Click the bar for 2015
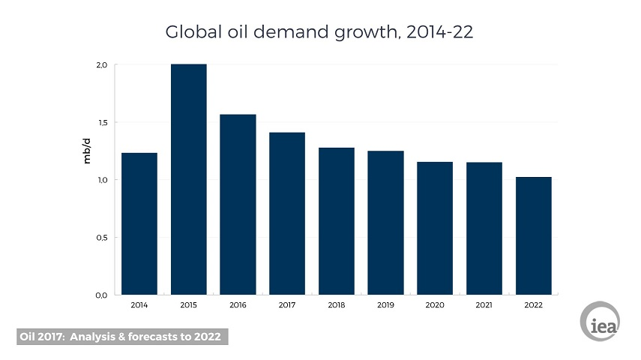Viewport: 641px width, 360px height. coord(188,179)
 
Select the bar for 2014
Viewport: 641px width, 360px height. coord(139,223)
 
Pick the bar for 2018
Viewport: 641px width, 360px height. coord(336,220)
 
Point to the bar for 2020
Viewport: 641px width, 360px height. coord(435,228)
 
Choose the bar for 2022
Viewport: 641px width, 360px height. coord(533,235)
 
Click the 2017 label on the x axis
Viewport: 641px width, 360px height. coord(287,305)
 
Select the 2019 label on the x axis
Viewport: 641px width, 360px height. coord(385,305)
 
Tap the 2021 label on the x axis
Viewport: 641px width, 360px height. coord(484,305)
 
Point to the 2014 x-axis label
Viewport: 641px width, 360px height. coord(139,305)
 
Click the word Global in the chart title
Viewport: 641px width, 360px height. coord(190,33)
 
